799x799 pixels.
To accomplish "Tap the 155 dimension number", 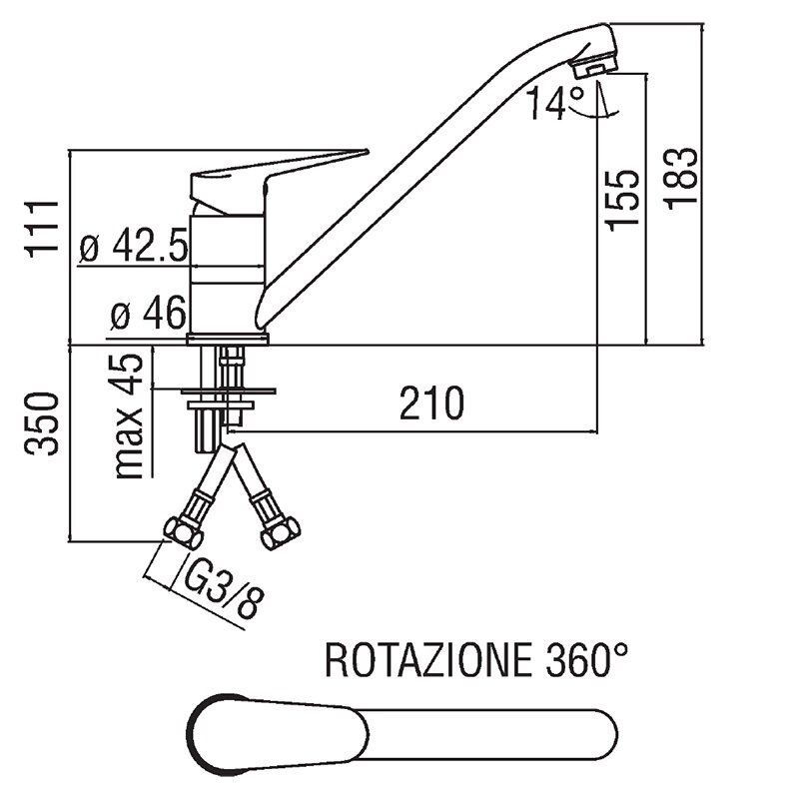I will [624, 198].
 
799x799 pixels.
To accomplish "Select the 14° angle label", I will [556, 104].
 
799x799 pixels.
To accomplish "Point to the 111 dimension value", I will [42, 228].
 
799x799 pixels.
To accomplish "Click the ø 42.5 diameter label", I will [134, 247].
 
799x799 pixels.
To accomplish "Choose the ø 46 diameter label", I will [148, 316].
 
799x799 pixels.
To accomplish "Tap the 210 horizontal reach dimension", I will [432, 402].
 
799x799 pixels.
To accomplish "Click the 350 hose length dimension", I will [42, 424].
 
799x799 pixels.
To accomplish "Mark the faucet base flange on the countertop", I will [229, 340].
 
